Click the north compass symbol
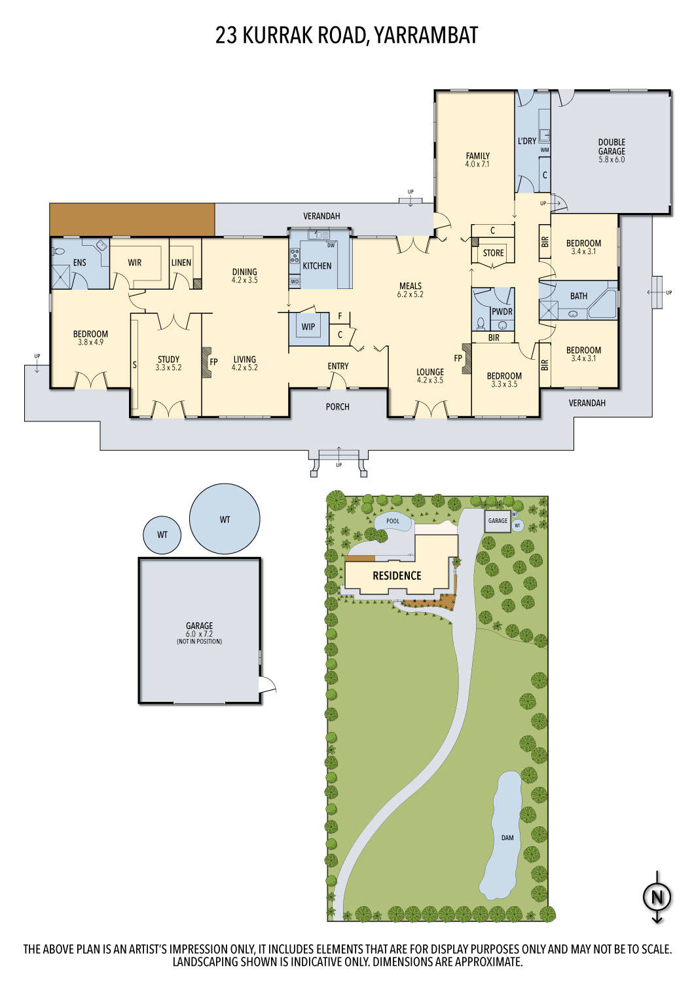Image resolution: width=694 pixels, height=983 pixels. click(657, 897)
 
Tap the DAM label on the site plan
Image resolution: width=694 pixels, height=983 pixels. click(507, 838)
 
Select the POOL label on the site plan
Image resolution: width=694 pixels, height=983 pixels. click(393, 522)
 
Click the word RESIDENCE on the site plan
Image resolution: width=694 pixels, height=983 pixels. click(397, 576)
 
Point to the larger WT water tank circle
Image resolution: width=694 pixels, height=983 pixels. click(225, 519)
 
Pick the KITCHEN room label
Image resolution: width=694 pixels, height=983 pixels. click(317, 265)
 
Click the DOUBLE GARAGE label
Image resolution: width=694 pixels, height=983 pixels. click(612, 147)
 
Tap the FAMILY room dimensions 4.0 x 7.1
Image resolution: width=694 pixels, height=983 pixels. click(477, 164)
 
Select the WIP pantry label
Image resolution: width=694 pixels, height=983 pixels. click(308, 326)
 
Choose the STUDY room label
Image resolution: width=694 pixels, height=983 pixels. click(168, 359)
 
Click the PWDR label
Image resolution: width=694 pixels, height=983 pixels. click(502, 312)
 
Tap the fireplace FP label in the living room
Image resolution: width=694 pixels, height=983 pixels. click(213, 362)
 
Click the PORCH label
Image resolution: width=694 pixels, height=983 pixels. click(338, 407)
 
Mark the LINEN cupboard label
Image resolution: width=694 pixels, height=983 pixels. click(181, 262)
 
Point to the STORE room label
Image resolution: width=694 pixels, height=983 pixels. click(493, 253)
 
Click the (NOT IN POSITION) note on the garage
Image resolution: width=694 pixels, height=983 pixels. click(200, 642)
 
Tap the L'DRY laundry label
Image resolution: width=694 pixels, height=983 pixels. click(527, 141)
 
